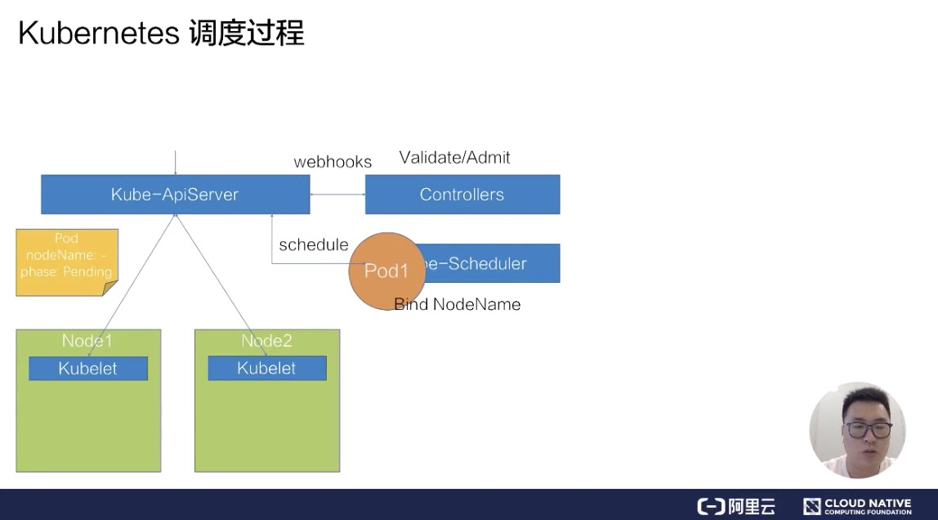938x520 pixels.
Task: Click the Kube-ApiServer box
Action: click(175, 195)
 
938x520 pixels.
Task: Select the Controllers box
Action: click(462, 195)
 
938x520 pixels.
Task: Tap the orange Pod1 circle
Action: click(386, 271)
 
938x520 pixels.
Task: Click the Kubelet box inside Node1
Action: click(88, 369)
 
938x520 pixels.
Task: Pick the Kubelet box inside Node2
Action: click(266, 369)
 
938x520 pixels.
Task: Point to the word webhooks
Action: click(333, 162)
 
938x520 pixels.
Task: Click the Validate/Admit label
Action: click(454, 158)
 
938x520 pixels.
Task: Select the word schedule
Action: click(313, 244)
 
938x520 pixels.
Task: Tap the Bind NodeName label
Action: click(458, 304)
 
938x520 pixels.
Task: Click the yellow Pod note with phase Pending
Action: click(67, 262)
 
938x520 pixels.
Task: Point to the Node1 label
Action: click(87, 341)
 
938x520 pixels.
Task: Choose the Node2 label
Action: click(266, 341)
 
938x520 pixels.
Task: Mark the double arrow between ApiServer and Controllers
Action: click(337, 195)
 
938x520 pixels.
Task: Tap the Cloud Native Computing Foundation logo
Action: click(857, 506)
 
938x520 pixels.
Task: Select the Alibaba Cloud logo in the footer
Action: click(735, 506)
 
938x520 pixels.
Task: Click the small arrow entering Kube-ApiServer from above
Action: click(176, 162)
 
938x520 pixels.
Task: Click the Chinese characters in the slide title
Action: click(246, 34)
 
